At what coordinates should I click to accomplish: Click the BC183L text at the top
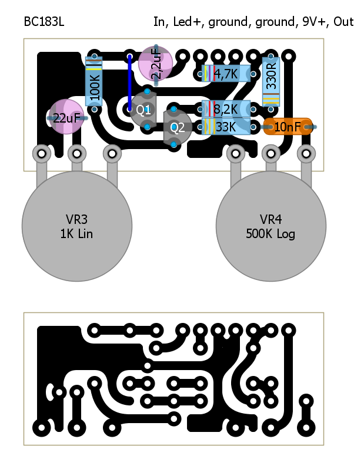[x=44, y=22]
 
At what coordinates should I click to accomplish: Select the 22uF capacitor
[x=66, y=117]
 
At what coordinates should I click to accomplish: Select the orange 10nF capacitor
[x=288, y=127]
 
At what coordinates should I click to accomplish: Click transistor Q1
[x=143, y=109]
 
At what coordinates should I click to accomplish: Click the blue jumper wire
[x=129, y=82]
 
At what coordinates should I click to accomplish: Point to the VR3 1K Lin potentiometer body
[x=76, y=227]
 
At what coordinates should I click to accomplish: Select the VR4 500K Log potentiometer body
[x=271, y=227]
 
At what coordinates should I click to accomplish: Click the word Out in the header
[x=343, y=22]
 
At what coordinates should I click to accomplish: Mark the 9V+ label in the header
[x=313, y=22]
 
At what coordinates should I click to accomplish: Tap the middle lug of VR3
[x=76, y=154]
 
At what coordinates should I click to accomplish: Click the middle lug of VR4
[x=271, y=154]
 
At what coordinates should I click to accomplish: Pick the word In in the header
[x=159, y=22]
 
